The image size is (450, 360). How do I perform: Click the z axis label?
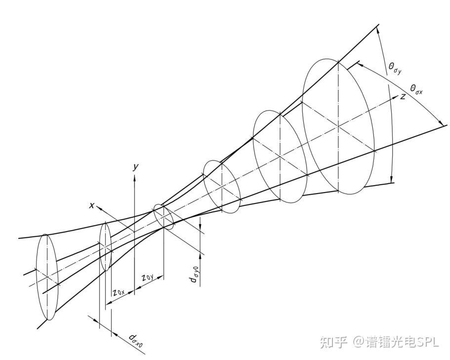[x=403, y=96]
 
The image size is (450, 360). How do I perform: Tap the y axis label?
[x=135, y=167]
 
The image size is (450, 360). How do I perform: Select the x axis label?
[x=91, y=205]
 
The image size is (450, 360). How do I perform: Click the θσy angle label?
[x=395, y=68]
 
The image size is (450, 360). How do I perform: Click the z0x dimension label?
[x=119, y=292]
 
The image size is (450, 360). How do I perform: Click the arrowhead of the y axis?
[x=134, y=176]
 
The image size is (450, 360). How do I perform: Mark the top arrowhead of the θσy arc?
[x=377, y=28]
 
